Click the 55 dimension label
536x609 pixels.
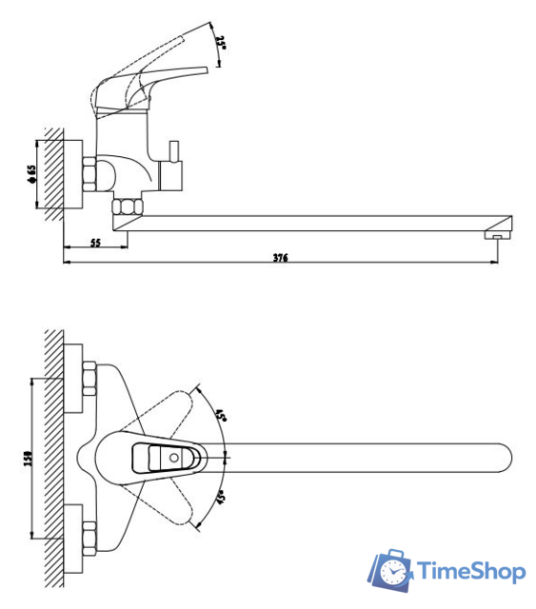95,243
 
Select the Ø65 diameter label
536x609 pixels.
31,173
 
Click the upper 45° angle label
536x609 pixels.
220,416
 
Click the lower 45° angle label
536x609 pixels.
220,498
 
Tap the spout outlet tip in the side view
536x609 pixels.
498,232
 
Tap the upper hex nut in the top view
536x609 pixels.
89,379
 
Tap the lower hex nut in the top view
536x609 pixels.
89,539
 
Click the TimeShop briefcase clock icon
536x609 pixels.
391,570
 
